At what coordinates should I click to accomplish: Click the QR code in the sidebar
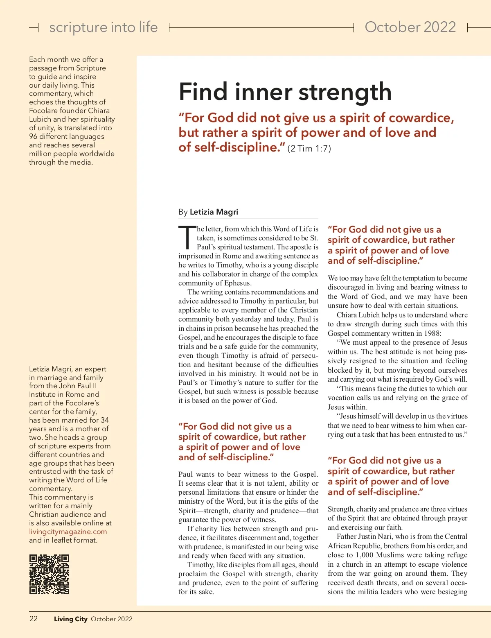tap(49, 574)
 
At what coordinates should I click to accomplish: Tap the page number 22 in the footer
tap(34, 619)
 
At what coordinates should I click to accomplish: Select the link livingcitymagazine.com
tap(68, 532)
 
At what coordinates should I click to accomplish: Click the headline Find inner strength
tap(285, 92)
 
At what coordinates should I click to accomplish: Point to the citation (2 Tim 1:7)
tap(309, 149)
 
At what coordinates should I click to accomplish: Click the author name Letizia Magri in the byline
tap(214, 212)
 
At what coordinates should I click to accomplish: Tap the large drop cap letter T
tap(187, 238)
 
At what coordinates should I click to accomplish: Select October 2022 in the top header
tap(410, 27)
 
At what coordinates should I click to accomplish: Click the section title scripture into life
tap(103, 27)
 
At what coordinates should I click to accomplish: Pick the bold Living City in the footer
tap(71, 619)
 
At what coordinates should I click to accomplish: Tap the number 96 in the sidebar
tap(33, 136)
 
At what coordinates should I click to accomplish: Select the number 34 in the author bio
tap(105, 420)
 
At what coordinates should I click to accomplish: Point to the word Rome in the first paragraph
tap(232, 256)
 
